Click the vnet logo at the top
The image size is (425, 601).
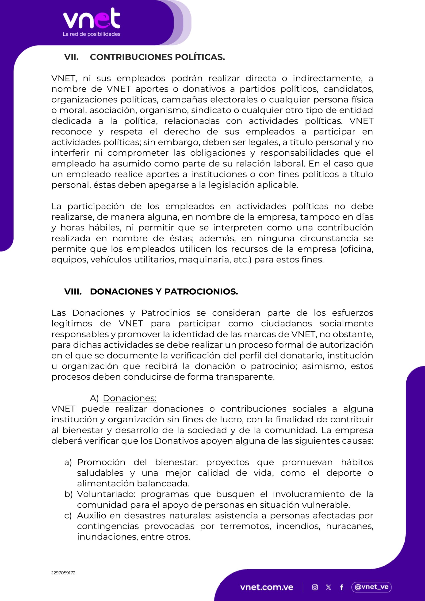click(91, 19)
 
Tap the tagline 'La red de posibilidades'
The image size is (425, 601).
click(91, 34)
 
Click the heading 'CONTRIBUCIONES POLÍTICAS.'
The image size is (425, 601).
click(157, 57)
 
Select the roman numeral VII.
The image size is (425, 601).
click(71, 57)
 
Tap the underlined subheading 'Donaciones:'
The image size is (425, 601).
click(130, 398)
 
